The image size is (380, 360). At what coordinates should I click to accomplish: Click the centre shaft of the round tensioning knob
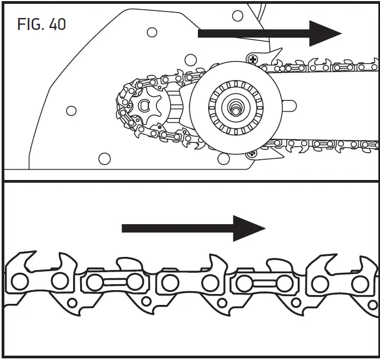click(237, 107)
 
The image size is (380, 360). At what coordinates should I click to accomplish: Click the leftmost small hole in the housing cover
click(70, 111)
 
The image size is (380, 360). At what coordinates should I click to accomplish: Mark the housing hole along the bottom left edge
click(101, 159)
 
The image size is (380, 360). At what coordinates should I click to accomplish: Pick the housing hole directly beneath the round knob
click(223, 159)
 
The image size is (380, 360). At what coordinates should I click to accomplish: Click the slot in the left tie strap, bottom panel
click(107, 283)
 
